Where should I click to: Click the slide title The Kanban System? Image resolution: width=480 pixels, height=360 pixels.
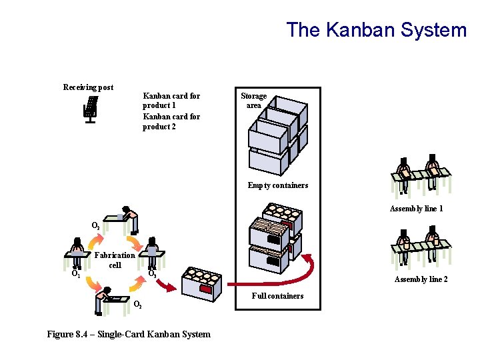[377, 30]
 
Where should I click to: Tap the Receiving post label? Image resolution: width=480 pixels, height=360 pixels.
[88, 87]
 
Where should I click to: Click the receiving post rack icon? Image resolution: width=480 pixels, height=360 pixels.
[90, 109]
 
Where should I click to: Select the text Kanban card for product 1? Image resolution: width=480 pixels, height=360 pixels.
[171, 101]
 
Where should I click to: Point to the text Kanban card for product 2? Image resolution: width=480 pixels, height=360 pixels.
[171, 121]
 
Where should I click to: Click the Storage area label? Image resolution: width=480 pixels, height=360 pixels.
[253, 101]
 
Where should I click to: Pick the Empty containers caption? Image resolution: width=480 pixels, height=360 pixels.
[278, 185]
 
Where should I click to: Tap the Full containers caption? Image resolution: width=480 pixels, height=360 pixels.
[277, 296]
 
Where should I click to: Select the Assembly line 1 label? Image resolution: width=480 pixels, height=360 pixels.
[417, 209]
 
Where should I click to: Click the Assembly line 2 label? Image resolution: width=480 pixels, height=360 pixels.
[421, 279]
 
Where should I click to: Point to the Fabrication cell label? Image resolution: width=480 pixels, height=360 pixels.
[115, 260]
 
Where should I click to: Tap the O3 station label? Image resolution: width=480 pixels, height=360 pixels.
[152, 273]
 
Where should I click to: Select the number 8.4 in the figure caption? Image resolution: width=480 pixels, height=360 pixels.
[86, 334]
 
